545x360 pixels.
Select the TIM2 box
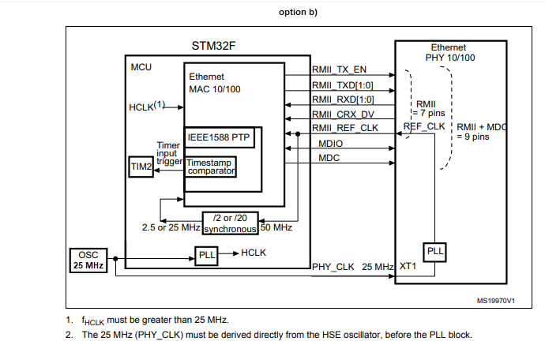(141, 167)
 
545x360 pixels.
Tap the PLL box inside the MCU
(206, 254)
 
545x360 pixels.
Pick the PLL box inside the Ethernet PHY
(435, 250)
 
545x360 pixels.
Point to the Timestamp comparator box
(211, 167)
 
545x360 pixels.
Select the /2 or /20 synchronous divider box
(231, 223)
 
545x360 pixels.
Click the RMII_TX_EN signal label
(339, 69)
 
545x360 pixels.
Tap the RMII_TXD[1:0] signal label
(343, 84)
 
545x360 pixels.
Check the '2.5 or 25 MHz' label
(170, 227)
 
